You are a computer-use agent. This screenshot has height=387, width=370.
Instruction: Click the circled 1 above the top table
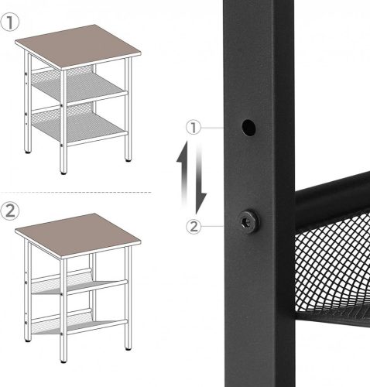[9, 22]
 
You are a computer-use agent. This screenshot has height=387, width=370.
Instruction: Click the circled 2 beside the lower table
[9, 211]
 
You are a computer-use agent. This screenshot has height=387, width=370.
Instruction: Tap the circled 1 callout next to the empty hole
[194, 128]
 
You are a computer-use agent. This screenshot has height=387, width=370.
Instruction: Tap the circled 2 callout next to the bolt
[194, 227]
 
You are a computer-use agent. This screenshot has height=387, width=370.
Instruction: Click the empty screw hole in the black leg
[248, 128]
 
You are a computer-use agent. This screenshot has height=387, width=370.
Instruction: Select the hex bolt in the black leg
[249, 222]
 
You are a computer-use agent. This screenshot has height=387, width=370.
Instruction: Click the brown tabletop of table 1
[78, 47]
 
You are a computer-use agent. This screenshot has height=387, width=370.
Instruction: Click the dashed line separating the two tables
[76, 192]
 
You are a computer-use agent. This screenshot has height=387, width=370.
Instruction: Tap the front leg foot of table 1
[63, 173]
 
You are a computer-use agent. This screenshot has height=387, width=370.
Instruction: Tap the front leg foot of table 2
[63, 361]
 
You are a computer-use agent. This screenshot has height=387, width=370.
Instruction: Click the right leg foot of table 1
[128, 160]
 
